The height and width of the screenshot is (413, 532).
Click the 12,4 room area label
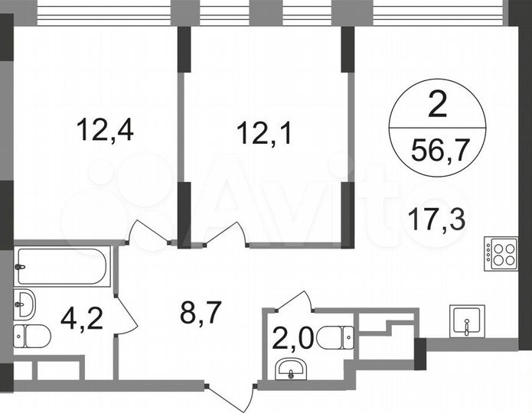coord(106,130)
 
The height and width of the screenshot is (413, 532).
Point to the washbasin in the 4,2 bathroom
coord(24,304)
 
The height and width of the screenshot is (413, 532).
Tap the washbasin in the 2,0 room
coord(291,370)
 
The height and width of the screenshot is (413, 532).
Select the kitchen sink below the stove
coord(466,321)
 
